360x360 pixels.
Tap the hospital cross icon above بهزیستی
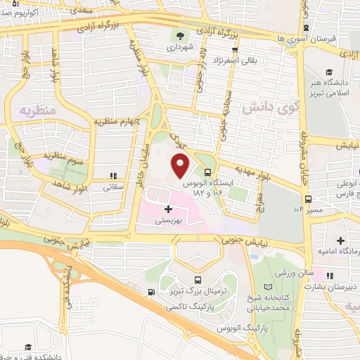click(167, 209)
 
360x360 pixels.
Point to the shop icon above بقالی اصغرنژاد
click(234, 50)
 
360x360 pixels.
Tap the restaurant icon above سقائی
click(112, 176)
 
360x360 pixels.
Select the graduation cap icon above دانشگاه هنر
click(328, 72)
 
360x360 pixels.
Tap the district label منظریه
click(37, 110)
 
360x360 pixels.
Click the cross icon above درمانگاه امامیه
click(340, 241)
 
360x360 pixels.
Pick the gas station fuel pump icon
click(151, 292)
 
